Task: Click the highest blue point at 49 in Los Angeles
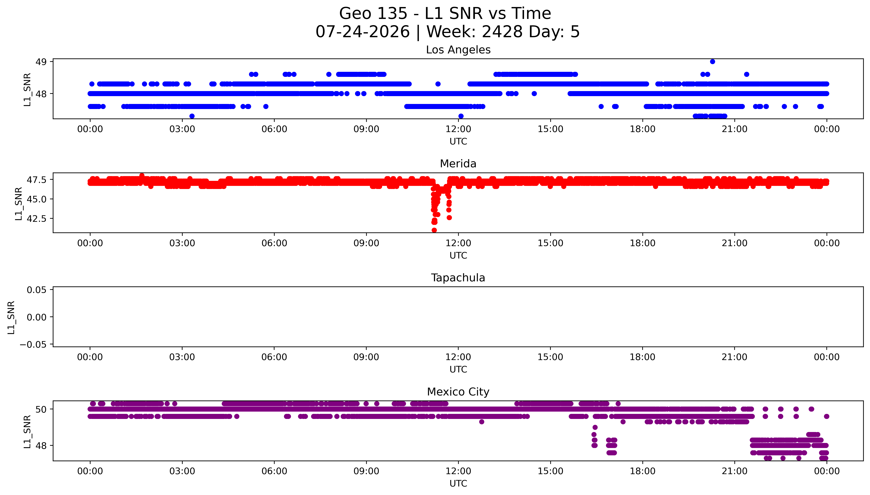pyautogui.click(x=713, y=62)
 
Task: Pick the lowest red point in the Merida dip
pyautogui.click(x=434, y=230)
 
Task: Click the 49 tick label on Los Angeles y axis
pyautogui.click(x=41, y=62)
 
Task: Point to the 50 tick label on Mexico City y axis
pyautogui.click(x=41, y=409)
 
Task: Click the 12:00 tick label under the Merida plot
pyautogui.click(x=458, y=243)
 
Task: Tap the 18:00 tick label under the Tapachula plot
pyautogui.click(x=642, y=357)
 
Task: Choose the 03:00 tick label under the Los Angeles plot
pyautogui.click(x=182, y=129)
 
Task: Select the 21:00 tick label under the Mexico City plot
pyautogui.click(x=735, y=471)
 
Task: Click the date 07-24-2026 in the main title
pyautogui.click(x=363, y=32)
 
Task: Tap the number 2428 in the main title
pyautogui.click(x=502, y=32)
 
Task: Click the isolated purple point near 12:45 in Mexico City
pyautogui.click(x=481, y=422)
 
